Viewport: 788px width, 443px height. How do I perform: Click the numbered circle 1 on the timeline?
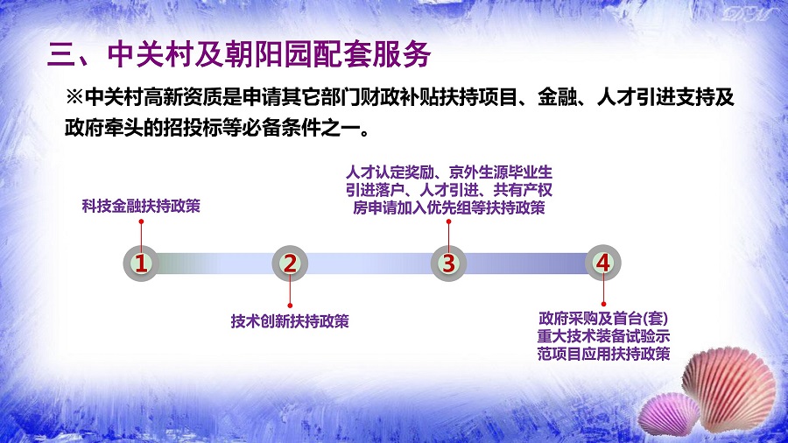coord(141,264)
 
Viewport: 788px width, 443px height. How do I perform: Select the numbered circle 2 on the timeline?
coord(290,264)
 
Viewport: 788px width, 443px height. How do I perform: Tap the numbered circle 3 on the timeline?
coord(449,264)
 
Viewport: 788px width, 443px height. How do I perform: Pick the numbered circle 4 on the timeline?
coord(603,263)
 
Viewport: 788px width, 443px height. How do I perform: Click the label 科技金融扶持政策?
coord(141,206)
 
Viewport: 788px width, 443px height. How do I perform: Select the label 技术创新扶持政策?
coord(290,321)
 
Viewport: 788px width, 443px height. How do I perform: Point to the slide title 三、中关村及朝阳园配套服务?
coord(239,54)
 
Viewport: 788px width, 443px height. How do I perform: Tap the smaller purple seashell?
coord(667,414)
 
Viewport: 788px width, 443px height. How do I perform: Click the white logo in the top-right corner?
coord(748,14)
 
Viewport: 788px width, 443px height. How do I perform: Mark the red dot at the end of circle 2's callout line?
coord(290,306)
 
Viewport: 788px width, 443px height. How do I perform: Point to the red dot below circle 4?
coord(603,304)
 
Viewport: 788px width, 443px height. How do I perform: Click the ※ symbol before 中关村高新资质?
coord(74,97)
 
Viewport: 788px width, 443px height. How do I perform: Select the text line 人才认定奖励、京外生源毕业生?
coord(449,172)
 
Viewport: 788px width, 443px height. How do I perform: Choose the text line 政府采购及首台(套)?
coord(603,319)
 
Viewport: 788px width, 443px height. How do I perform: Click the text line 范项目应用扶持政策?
coord(603,354)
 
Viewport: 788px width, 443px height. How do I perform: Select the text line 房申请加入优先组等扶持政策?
coord(449,207)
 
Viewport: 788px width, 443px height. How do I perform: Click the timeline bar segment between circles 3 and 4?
coord(525,264)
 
